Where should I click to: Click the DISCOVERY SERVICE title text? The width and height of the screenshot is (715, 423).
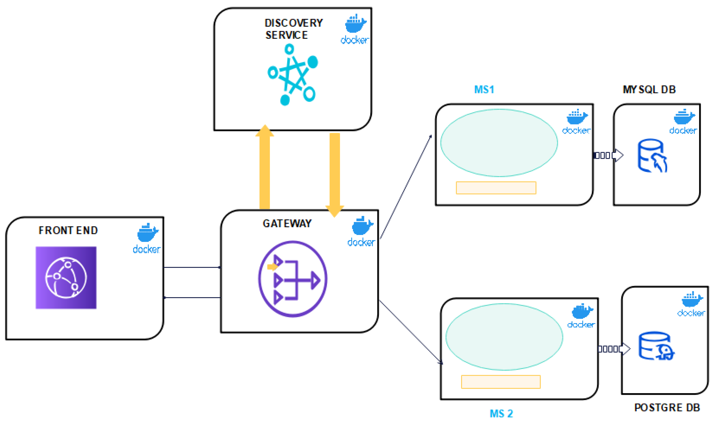[x=293, y=29]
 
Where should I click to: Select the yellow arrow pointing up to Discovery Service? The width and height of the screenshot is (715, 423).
[x=264, y=168]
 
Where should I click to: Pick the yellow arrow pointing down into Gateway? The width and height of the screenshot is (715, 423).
[x=334, y=174]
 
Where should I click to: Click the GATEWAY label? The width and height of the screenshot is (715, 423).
[x=287, y=223]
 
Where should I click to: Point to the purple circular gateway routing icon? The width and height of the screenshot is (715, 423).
[x=293, y=279]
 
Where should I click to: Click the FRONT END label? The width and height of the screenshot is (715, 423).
[x=68, y=230]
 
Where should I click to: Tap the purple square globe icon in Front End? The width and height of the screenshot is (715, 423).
[x=66, y=278]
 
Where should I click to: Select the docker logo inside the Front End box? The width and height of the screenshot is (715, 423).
[x=147, y=238]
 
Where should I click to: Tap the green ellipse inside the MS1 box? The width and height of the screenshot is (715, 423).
[x=499, y=143]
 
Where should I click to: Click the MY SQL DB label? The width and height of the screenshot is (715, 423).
[x=649, y=90]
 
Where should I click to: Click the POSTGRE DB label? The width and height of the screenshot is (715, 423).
[x=667, y=408]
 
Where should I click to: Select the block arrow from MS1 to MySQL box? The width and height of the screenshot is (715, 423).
[x=609, y=155]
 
